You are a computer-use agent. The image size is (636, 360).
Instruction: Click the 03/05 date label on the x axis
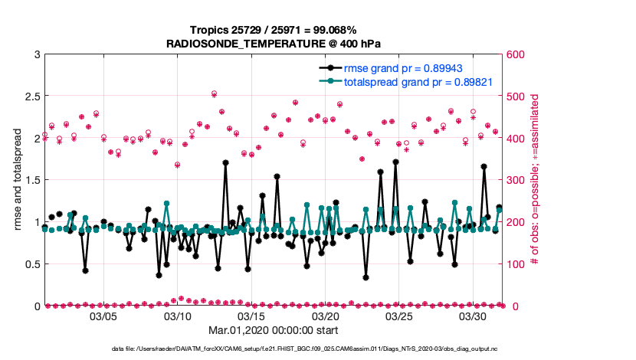click(x=103, y=316)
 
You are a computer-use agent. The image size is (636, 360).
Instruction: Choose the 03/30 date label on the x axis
click(x=473, y=316)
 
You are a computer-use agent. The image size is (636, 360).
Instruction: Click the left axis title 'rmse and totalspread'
click(x=17, y=180)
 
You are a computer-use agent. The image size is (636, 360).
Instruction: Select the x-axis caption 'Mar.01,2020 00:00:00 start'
click(x=274, y=330)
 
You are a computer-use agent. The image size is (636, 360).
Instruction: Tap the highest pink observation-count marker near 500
click(x=214, y=94)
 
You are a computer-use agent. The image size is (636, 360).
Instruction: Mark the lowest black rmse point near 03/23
click(x=366, y=277)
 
